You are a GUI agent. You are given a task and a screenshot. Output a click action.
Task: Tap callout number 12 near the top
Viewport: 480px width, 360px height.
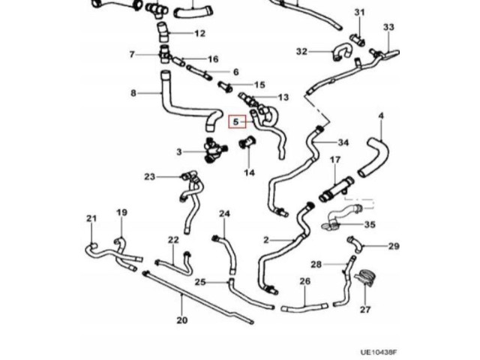[199, 34]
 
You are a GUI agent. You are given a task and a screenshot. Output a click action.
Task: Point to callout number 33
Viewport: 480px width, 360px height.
[388, 28]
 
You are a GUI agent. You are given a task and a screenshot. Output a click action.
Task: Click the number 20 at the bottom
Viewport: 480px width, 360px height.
[181, 320]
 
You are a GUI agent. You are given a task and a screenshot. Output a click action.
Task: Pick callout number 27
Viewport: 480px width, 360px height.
[365, 309]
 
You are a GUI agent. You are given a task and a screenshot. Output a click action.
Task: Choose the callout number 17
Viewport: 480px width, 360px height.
[335, 160]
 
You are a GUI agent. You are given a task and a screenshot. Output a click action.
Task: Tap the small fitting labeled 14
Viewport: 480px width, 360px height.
[247, 144]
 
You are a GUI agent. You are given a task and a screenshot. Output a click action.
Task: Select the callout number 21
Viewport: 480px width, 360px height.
[91, 219]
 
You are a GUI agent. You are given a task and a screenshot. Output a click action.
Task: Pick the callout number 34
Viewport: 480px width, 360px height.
[343, 142]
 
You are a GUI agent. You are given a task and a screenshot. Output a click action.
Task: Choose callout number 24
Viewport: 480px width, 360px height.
[223, 214]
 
